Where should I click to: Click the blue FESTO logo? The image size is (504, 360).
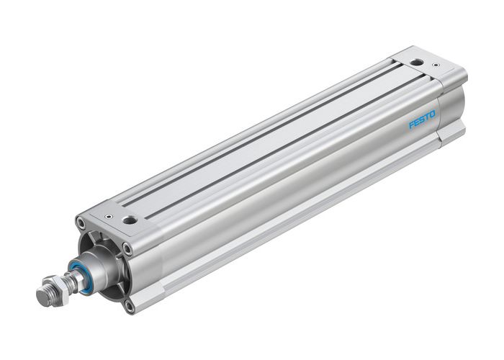[x=422, y=120]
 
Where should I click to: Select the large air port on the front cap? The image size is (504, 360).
[x=130, y=219]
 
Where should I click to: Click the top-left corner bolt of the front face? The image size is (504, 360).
[x=81, y=225]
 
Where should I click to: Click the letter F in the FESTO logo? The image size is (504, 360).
[x=412, y=125]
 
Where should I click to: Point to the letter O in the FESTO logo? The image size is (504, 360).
[x=433, y=114]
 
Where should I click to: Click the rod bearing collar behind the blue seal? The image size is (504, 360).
[x=94, y=268]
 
